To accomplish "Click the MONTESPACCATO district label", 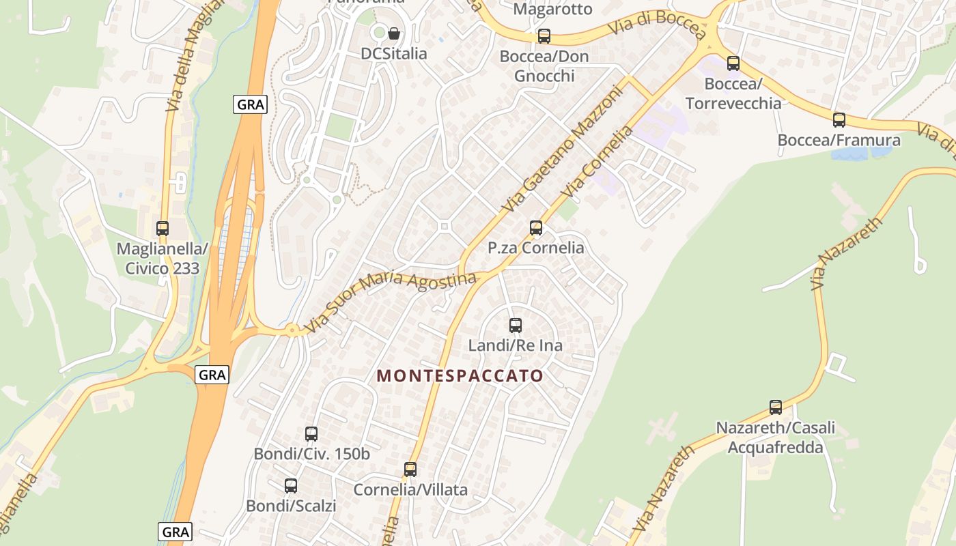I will click(x=460, y=376).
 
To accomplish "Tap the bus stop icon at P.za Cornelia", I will click(x=536, y=227).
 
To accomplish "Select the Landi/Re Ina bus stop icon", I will click(x=516, y=326).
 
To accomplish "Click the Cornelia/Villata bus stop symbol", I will click(x=410, y=470).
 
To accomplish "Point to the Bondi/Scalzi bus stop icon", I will click(x=291, y=486).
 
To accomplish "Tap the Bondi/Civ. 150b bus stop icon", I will click(x=311, y=433).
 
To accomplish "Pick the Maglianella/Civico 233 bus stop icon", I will click(x=163, y=229).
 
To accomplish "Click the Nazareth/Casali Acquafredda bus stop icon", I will click(x=776, y=407).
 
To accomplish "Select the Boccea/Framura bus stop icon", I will click(x=839, y=120).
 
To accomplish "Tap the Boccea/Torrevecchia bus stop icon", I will click(x=733, y=63).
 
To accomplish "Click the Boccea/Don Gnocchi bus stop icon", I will click(x=544, y=36).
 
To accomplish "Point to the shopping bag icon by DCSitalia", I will click(x=394, y=33).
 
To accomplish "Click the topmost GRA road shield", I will click(x=250, y=104).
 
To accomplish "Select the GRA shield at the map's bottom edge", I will click(x=175, y=532).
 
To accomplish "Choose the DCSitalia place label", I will click(x=394, y=54).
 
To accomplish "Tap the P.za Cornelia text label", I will click(x=536, y=248).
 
